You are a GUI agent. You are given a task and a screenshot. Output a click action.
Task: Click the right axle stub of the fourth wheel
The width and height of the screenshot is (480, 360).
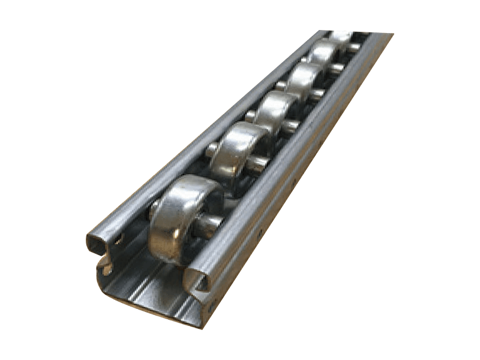317,94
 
